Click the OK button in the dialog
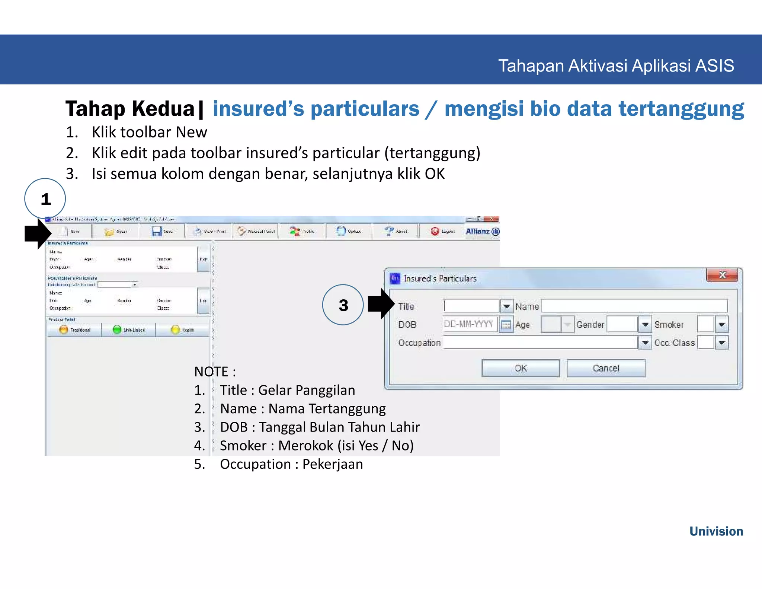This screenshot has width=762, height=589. [520, 368]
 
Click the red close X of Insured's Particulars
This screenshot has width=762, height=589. [722, 275]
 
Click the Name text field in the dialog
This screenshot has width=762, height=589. [634, 306]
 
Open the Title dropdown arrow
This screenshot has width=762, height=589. [506, 306]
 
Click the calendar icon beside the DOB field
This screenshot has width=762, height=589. [506, 325]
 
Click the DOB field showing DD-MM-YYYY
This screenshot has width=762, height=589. [470, 324]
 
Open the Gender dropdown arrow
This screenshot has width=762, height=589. [645, 324]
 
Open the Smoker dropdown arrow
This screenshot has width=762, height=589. [722, 324]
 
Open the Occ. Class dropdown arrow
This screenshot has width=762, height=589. [722, 343]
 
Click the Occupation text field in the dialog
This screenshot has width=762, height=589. [540, 343]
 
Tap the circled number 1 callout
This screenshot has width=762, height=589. [45, 199]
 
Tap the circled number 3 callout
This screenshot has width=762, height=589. [343, 305]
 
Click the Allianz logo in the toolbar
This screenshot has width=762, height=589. [483, 231]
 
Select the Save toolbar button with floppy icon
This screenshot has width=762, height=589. [162, 231]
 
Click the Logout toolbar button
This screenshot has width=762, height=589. [443, 231]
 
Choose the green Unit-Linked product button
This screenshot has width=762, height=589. [128, 330]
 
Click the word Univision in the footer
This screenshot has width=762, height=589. [716, 531]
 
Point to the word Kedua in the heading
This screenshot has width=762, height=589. [163, 109]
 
